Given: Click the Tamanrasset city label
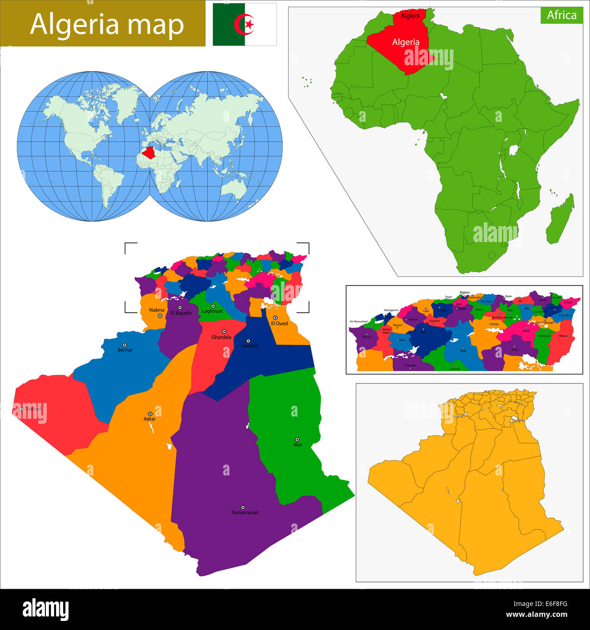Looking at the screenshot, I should [245, 513].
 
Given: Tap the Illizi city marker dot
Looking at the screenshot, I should [297, 439].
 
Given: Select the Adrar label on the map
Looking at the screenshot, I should [150, 419].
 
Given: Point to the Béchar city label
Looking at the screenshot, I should [125, 350].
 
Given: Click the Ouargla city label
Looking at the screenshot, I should [249, 345].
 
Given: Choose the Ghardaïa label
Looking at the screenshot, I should [221, 337].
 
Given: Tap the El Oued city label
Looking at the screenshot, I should [279, 324].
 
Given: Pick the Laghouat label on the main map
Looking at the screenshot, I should [212, 311].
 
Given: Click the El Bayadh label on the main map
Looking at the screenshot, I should [181, 313].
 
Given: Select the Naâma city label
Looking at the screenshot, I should [157, 310].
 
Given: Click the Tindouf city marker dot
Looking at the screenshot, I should [21, 409].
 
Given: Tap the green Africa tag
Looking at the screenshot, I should [561, 15].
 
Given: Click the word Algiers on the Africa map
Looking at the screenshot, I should [410, 16].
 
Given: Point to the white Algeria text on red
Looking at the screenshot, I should [406, 42].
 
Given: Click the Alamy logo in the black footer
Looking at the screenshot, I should [45, 610].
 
